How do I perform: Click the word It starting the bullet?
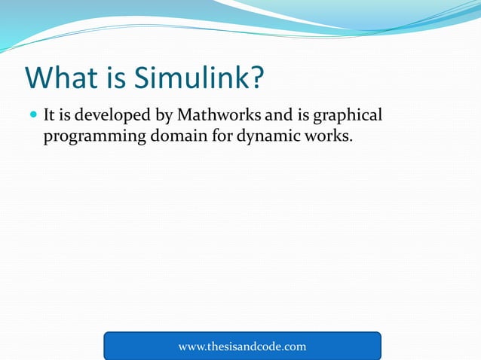coord(50,116)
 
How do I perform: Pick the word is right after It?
coord(67,116)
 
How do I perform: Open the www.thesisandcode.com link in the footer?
coord(242,346)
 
